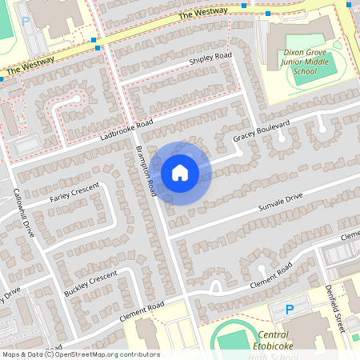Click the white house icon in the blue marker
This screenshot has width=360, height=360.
(180, 172)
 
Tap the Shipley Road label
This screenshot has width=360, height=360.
(210, 59)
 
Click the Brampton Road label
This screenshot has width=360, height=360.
(146, 171)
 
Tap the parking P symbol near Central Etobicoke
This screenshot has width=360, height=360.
(290, 309)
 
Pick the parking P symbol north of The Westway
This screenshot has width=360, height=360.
(26, 22)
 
